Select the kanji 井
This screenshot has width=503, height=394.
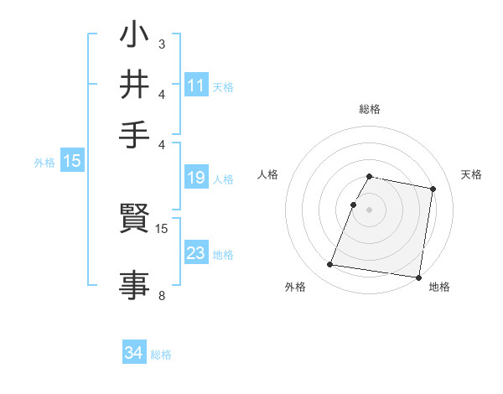point(134,86)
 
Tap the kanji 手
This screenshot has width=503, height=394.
point(134,134)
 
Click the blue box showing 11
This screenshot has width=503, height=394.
point(196,86)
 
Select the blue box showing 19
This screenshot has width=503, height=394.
point(196,178)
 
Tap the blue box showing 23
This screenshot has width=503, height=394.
point(196,253)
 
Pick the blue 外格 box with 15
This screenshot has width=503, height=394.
point(72,162)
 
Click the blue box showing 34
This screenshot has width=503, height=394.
point(134,353)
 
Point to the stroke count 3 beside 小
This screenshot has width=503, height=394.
point(161,43)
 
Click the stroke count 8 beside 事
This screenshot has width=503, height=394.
point(161,296)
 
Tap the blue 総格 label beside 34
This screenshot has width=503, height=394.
point(161,355)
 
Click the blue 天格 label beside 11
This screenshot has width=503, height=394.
point(223,86)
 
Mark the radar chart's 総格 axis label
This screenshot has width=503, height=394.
point(369,109)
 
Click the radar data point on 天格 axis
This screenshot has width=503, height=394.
point(433,189)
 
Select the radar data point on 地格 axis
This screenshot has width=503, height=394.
point(418,277)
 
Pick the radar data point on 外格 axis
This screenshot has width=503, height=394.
point(330,265)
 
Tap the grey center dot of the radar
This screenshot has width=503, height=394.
point(369,210)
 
